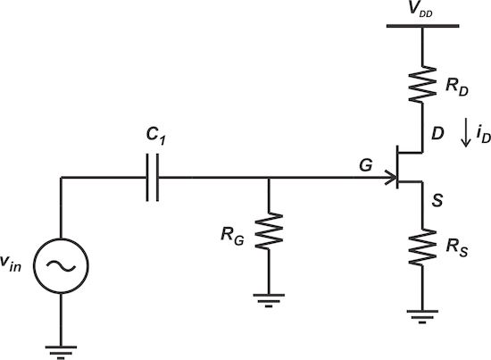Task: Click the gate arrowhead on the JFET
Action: click(x=391, y=179)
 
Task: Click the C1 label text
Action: click(x=158, y=139)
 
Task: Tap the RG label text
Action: click(x=235, y=236)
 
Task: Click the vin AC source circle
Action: click(x=61, y=266)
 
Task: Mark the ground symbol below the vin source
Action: click(x=61, y=349)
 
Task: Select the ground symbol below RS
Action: click(x=422, y=314)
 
